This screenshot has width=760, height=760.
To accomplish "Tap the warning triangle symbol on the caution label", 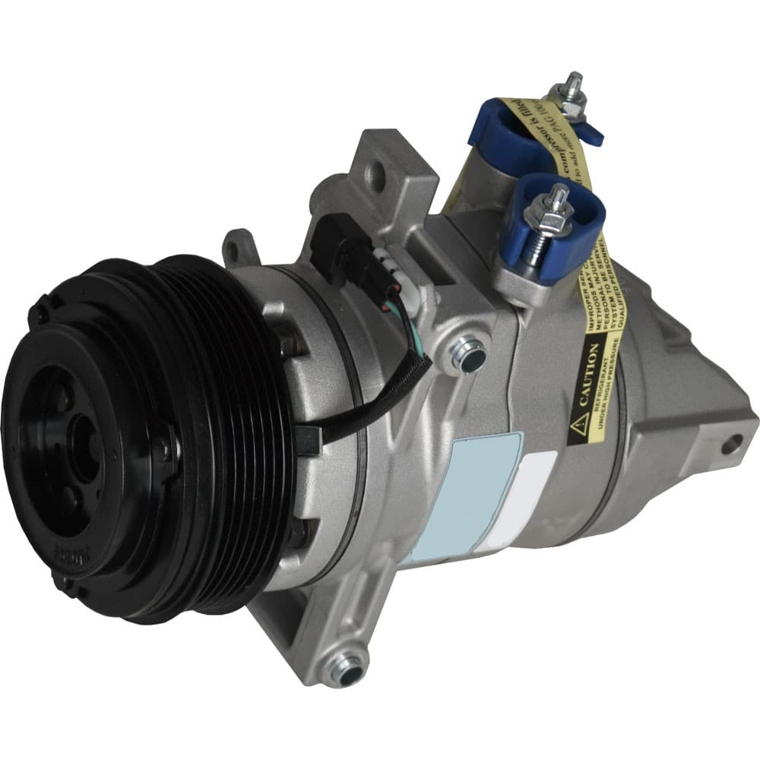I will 577,423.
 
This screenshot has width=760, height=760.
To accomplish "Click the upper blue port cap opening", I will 502,129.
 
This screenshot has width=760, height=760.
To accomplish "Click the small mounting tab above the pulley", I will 238,244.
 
